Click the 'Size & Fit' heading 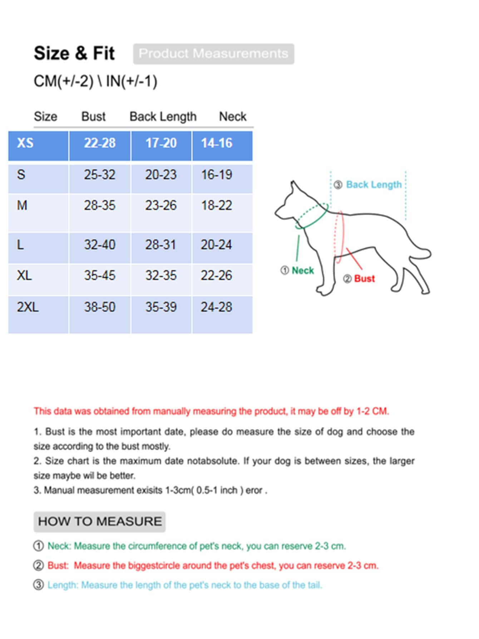pyautogui.click(x=74, y=54)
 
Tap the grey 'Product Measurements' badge pyautogui.click(x=213, y=54)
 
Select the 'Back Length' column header pyautogui.click(x=163, y=117)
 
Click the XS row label pyautogui.click(x=25, y=143)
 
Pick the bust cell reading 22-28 pyautogui.click(x=100, y=143)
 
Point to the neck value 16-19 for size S pyautogui.click(x=217, y=175)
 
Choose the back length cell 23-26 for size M pyautogui.click(x=161, y=205)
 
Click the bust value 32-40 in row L pyautogui.click(x=100, y=245)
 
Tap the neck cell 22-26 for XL pyautogui.click(x=217, y=276)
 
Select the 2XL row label pyautogui.click(x=28, y=307)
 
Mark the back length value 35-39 pyautogui.click(x=161, y=307)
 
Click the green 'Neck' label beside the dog pyautogui.click(x=302, y=271)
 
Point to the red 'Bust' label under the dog pyautogui.click(x=364, y=279)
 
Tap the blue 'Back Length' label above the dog pyautogui.click(x=374, y=185)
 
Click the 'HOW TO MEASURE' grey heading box pyautogui.click(x=100, y=521)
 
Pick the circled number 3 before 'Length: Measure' pyautogui.click(x=39, y=585)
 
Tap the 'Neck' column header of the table pyautogui.click(x=233, y=117)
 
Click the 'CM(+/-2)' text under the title pyautogui.click(x=64, y=81)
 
